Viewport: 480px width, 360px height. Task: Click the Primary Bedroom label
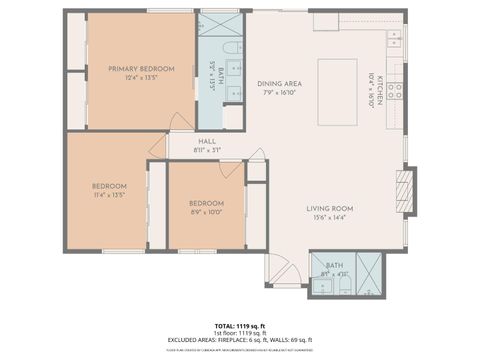coord(141,69)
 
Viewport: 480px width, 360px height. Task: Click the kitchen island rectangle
coord(337,91)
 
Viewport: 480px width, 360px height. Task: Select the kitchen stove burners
coord(395,92)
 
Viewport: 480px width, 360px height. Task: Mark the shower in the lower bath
coord(368,272)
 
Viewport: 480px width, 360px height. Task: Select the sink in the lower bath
coord(322,285)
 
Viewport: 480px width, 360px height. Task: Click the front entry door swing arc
coord(280,267)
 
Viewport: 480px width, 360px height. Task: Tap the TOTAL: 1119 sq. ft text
coord(241,326)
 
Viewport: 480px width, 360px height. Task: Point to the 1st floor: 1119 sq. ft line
coord(241,334)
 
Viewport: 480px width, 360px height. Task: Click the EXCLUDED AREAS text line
coord(241,342)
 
